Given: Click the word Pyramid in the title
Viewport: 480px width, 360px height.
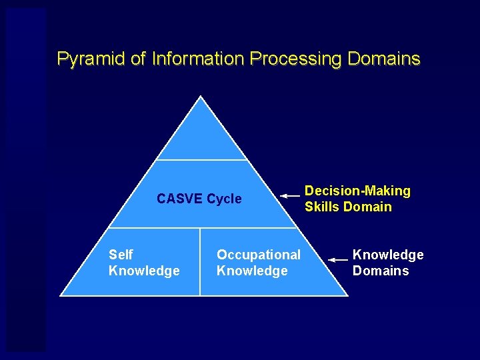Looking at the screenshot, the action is (91, 59).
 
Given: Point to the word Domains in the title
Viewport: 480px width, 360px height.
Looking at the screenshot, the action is (383, 59).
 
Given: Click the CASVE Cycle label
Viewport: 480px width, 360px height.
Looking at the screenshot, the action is (199, 199).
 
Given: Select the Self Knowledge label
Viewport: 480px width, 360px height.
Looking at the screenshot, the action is (143, 263).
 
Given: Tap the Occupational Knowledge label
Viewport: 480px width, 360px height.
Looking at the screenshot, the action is (259, 263).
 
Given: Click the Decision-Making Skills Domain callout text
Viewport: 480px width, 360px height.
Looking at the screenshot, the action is (357, 199).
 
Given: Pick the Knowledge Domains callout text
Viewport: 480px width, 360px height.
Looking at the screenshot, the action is (387, 263).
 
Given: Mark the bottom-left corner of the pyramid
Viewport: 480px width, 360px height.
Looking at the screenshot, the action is (61, 295).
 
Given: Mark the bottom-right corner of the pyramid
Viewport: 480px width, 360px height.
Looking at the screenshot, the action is (347, 295).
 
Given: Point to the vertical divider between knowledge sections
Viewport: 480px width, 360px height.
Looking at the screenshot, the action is (200, 261).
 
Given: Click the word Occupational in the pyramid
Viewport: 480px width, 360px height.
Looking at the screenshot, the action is (259, 255).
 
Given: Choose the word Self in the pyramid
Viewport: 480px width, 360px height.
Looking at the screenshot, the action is (121, 255).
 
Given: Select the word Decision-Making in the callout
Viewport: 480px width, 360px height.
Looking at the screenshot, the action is (357, 191).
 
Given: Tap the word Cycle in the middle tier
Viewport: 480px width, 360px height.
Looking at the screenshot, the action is (224, 199).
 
